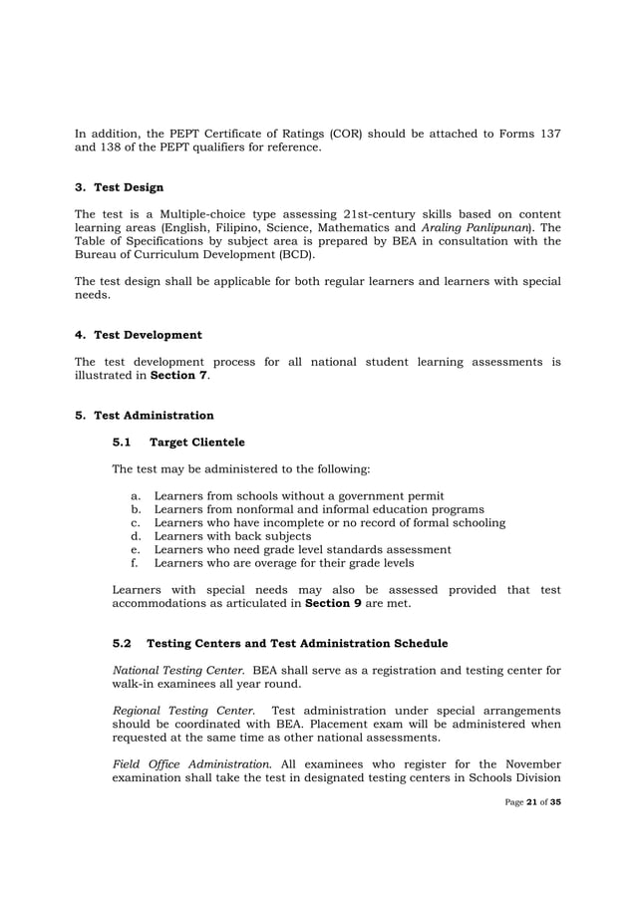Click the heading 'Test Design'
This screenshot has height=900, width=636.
tap(129, 187)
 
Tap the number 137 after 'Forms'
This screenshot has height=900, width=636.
tap(547, 133)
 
